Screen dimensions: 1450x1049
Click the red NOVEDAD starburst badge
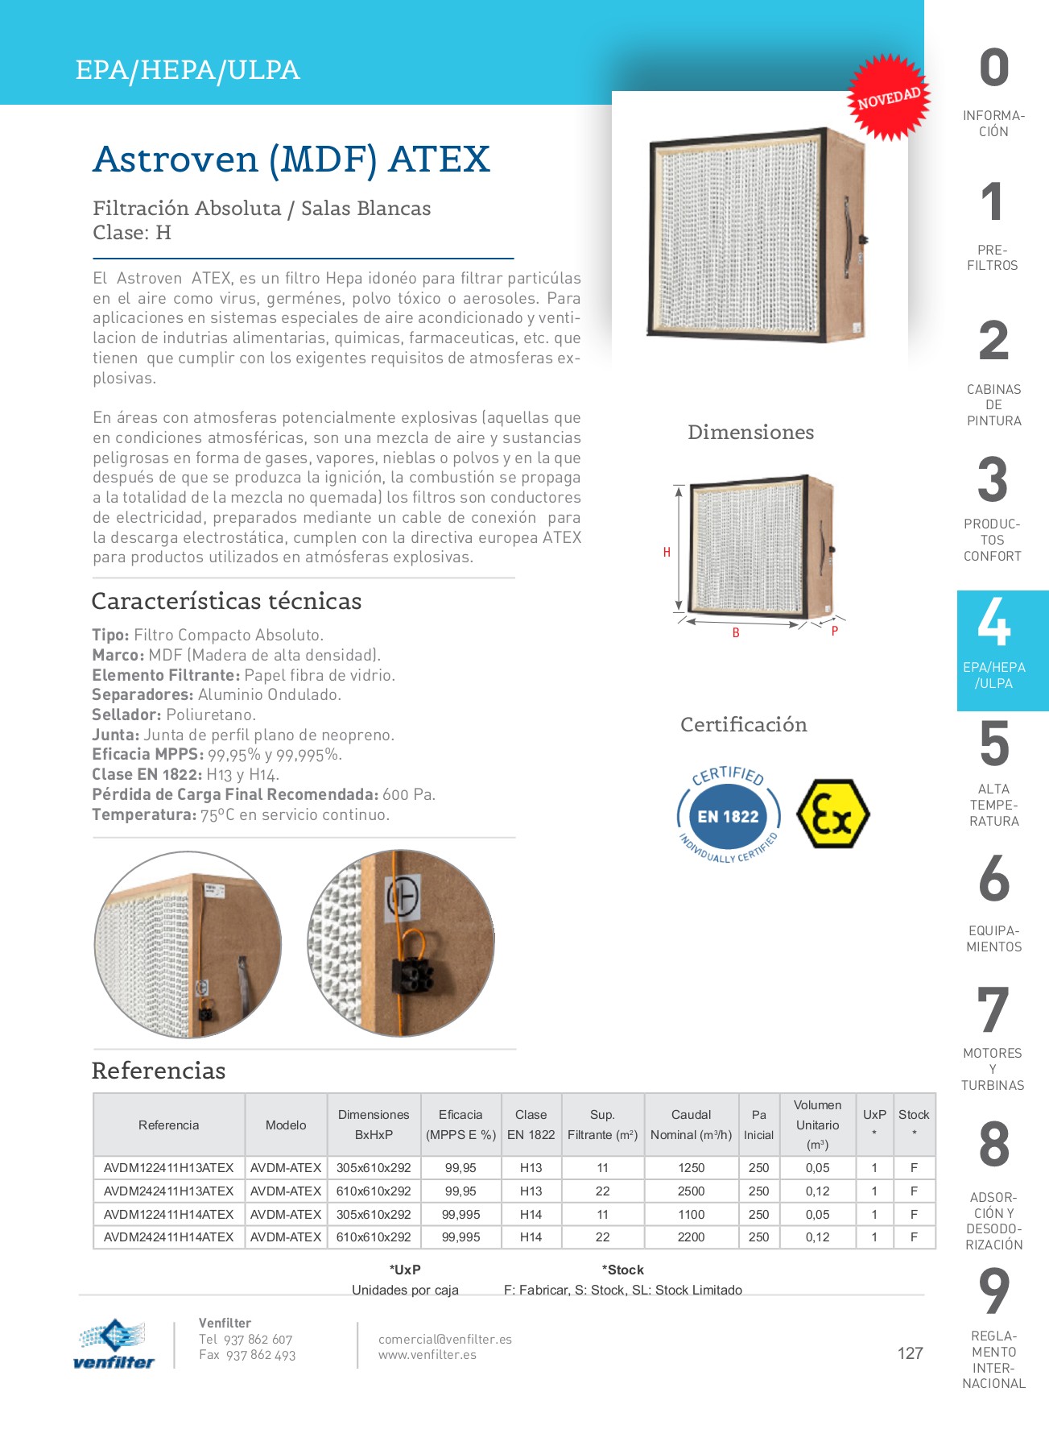(x=888, y=98)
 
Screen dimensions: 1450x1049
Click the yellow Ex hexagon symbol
(x=832, y=814)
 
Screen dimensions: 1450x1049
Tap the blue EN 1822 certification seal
(x=728, y=816)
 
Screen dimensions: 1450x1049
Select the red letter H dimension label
(x=667, y=553)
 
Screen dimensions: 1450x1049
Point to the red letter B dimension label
(x=736, y=633)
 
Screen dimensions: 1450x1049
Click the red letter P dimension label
(x=835, y=631)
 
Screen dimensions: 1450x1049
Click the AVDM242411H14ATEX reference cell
(x=168, y=1237)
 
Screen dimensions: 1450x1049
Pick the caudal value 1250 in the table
(x=691, y=1167)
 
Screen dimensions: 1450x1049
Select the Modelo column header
(x=286, y=1125)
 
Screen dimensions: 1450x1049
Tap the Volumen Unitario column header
(x=817, y=1125)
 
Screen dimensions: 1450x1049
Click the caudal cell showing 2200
(x=691, y=1237)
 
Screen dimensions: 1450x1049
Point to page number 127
(x=910, y=1353)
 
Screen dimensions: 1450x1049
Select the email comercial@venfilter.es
(x=444, y=1339)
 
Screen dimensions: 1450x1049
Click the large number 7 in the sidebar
(x=993, y=1010)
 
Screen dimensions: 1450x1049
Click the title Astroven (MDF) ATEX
(x=291, y=159)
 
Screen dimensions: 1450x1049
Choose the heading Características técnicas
(x=226, y=601)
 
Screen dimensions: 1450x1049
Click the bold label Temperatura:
(x=144, y=814)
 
